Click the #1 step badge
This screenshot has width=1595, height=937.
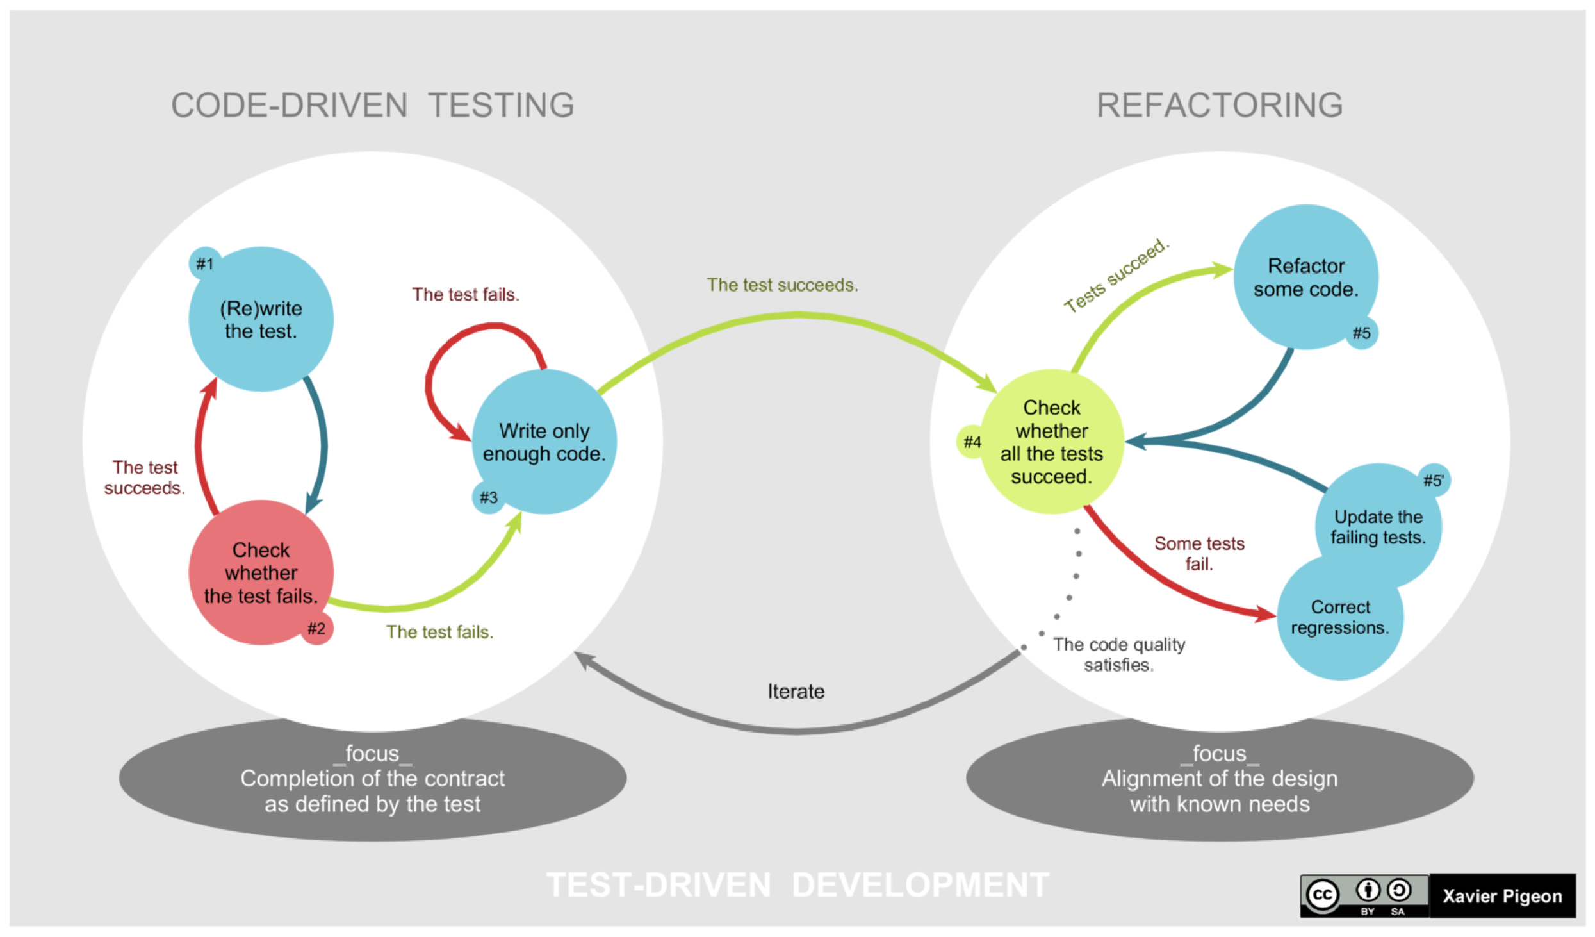click(205, 263)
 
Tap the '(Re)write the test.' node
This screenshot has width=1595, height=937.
click(261, 319)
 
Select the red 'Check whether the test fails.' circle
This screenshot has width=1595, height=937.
click(261, 572)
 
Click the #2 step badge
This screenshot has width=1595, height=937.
click(316, 628)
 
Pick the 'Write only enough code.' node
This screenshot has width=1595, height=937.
click(544, 442)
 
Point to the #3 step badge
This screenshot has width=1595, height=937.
click(488, 497)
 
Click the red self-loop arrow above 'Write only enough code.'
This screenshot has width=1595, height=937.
click(442, 359)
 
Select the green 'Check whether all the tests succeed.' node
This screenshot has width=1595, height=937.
click(1051, 442)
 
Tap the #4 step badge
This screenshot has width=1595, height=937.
click(972, 442)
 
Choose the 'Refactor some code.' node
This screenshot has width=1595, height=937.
click(1305, 277)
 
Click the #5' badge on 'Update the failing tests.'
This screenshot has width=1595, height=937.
click(1433, 481)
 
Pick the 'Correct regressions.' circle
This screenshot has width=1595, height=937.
click(1340, 617)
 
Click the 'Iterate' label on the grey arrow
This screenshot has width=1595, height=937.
click(796, 692)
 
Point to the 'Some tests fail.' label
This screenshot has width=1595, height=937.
click(1199, 553)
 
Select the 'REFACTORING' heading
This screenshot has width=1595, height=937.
click(1220, 105)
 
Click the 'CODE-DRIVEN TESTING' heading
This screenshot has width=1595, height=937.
click(373, 105)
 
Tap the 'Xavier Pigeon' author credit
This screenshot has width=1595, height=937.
click(1502, 896)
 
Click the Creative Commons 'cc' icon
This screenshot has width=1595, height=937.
click(1323, 895)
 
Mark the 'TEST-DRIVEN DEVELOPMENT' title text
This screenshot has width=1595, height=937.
click(797, 886)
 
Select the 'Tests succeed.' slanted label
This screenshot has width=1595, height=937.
click(1116, 276)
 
